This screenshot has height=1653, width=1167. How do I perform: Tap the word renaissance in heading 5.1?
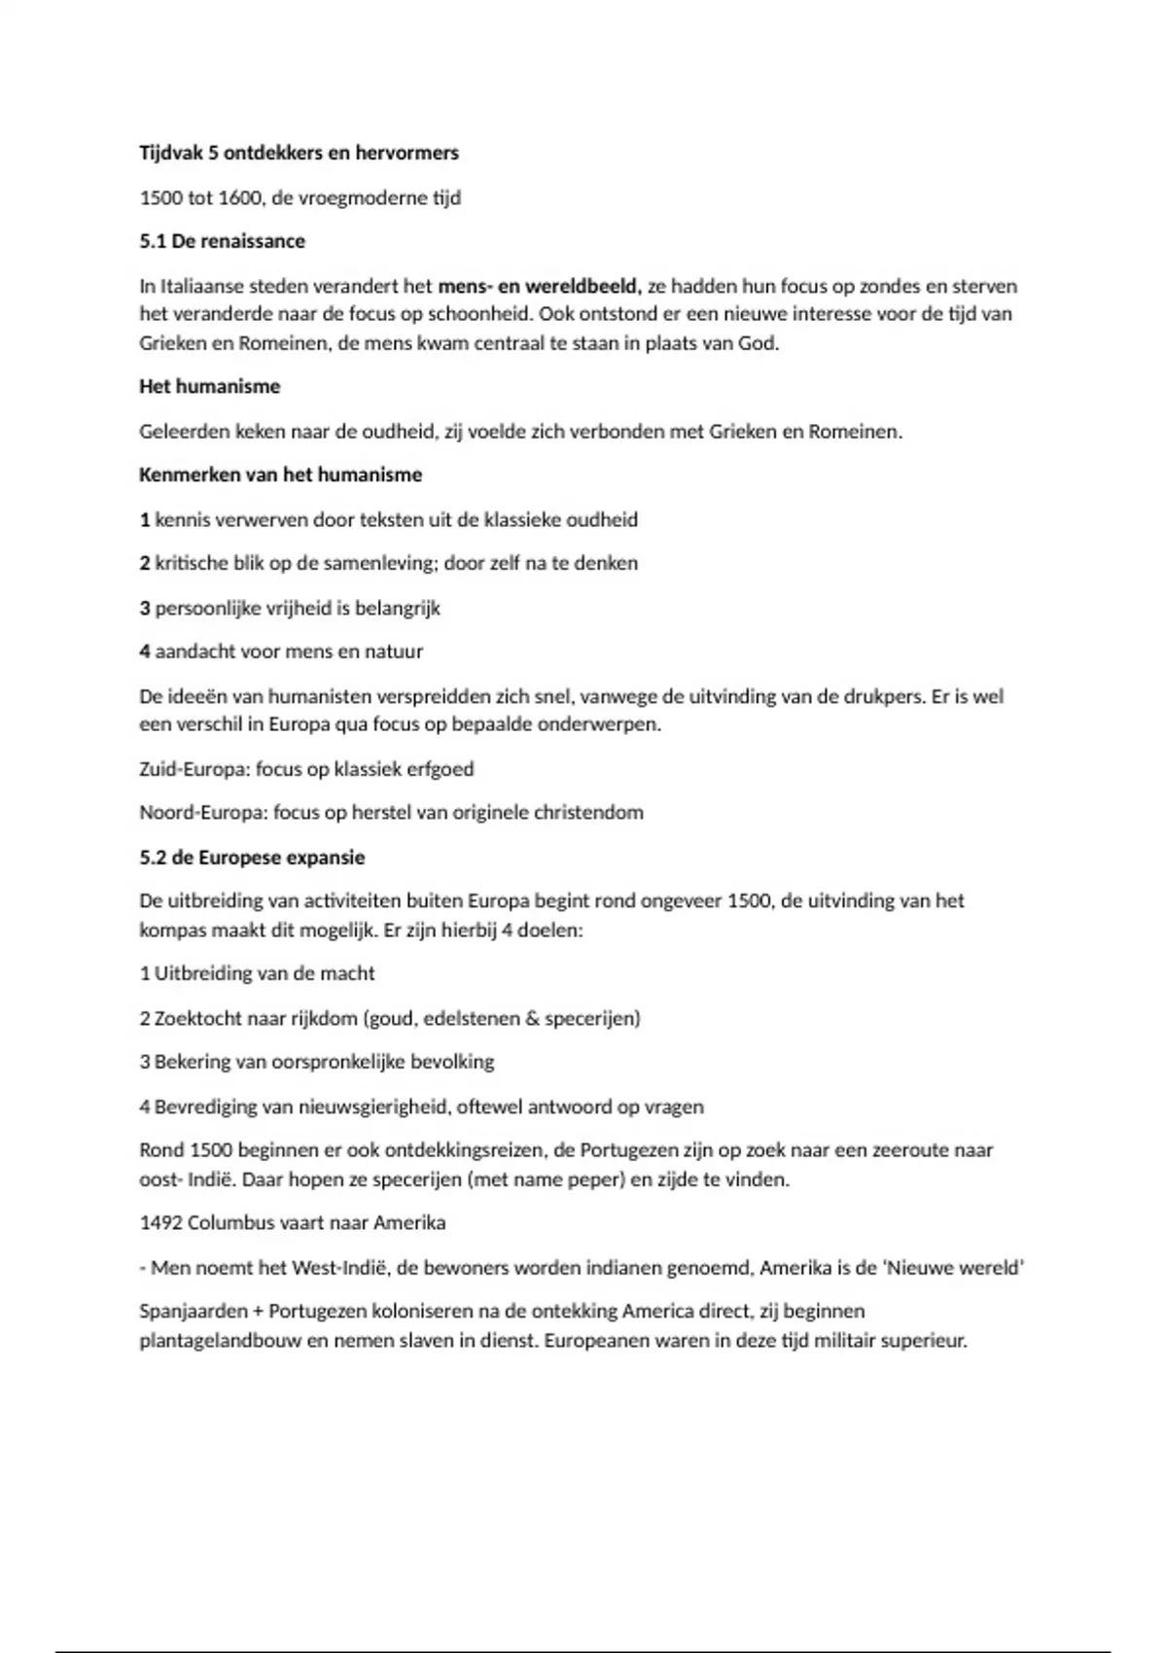click(x=254, y=241)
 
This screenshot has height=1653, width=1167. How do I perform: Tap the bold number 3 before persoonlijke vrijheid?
click(x=145, y=608)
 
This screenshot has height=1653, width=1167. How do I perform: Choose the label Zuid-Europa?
click(x=194, y=769)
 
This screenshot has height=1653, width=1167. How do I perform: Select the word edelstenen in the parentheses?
click(x=472, y=1018)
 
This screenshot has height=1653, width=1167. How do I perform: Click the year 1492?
click(x=160, y=1222)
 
